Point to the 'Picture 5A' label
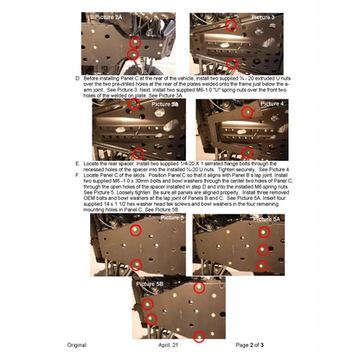click(x=264, y=220)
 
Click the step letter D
click(x=68, y=76)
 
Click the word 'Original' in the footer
click(x=77, y=344)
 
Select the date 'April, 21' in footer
click(x=170, y=344)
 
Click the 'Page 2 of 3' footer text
click(x=254, y=344)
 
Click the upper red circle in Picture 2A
click(x=134, y=41)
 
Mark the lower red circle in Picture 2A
click(x=133, y=55)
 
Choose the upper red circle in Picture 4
click(x=247, y=112)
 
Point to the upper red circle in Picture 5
click(x=134, y=231)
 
